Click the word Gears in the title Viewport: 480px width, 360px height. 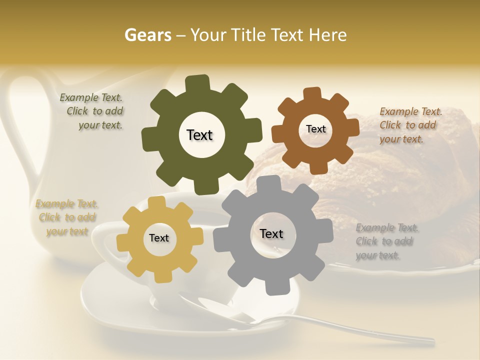point(147,35)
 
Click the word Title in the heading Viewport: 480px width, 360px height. point(250,35)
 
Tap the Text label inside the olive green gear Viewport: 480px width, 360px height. point(199,135)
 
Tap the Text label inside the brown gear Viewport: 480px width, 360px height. point(315,129)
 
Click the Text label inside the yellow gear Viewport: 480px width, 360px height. point(159,238)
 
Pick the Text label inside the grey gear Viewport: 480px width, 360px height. point(271,233)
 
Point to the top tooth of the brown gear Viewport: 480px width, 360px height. point(312,94)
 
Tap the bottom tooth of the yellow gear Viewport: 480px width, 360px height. point(161,276)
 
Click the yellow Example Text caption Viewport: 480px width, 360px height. point(67,217)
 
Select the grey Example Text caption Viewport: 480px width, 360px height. point(386,241)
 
